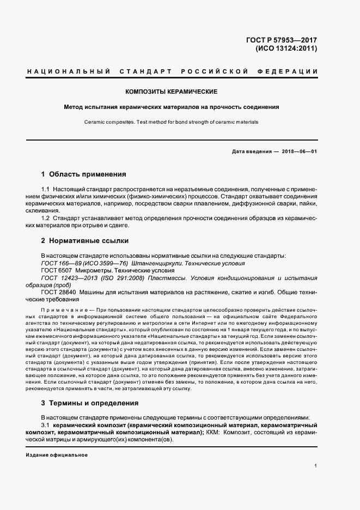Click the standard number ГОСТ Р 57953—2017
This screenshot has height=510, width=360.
284,40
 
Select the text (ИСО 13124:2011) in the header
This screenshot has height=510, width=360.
286,48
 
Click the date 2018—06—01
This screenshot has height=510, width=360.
299,150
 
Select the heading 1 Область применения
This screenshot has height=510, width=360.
83,174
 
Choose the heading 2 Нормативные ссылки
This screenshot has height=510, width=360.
84,240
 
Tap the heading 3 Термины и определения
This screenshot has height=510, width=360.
89,403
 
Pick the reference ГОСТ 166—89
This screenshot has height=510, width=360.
59,263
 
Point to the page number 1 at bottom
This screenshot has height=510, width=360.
315,465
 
